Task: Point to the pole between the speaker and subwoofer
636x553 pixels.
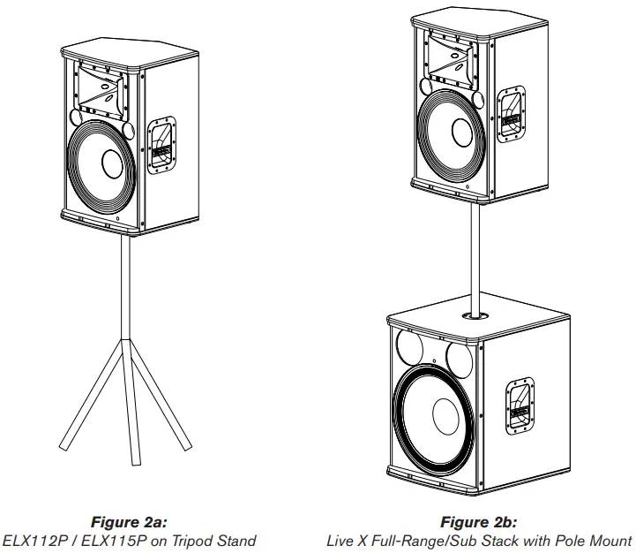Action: point(477,256)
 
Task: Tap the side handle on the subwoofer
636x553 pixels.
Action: point(519,405)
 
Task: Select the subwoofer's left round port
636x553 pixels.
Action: point(412,345)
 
